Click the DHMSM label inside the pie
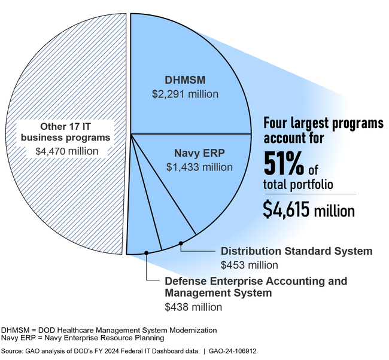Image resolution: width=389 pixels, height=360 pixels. coord(184,80)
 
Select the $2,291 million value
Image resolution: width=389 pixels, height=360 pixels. coord(185,94)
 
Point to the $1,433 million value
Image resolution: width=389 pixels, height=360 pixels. coord(199,167)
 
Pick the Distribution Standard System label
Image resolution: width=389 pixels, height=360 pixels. coord(297,251)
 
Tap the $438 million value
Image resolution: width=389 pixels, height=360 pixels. coord(193,307)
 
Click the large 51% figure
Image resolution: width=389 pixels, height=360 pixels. coord(284,163)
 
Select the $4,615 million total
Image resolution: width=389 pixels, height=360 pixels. coord(308,209)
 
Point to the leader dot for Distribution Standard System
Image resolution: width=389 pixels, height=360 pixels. coord(181,243)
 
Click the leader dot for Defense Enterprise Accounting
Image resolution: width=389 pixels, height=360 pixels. coord(147,253)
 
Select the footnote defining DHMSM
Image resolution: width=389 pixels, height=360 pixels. coord(109,330)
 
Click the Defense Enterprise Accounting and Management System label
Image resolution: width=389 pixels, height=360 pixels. coord(256,287)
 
